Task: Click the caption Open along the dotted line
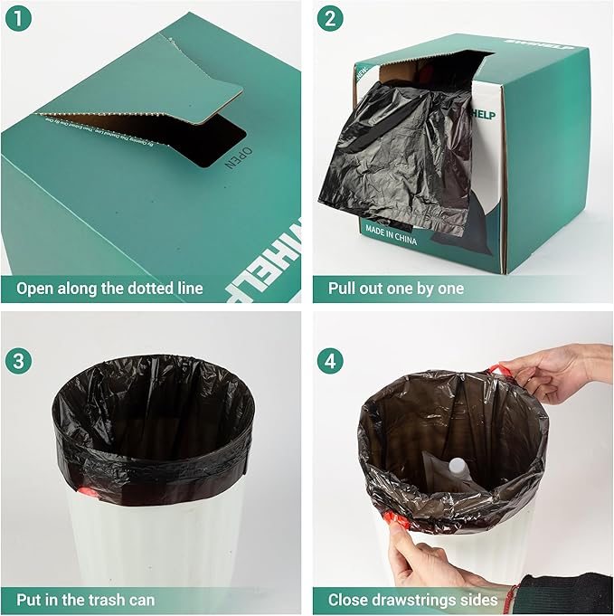108,289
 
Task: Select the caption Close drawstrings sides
412,600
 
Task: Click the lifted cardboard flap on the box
181,90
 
